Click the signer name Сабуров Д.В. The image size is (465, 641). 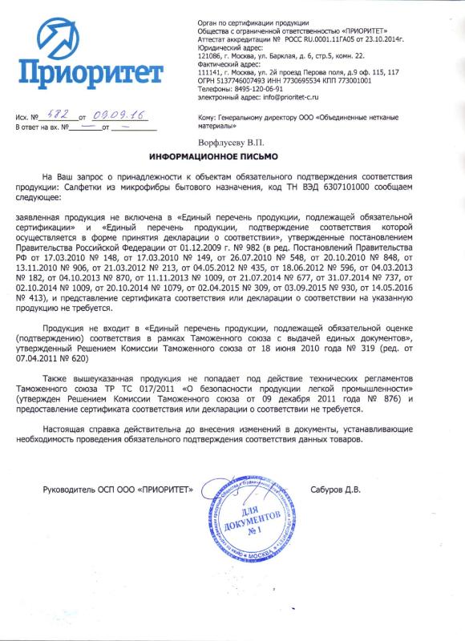(x=335, y=489)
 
